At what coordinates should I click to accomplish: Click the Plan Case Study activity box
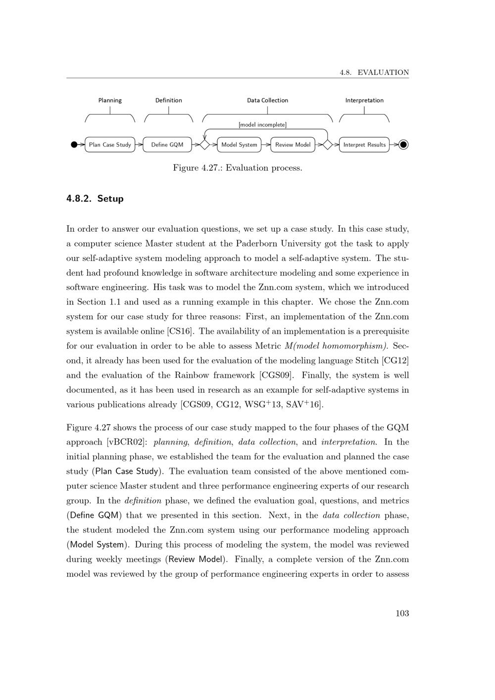pyautogui.click(x=110, y=145)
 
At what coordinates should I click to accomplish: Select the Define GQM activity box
pyautogui.click(x=167, y=145)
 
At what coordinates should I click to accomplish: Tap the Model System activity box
pyautogui.click(x=239, y=145)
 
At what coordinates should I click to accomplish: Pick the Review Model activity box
pyautogui.click(x=293, y=145)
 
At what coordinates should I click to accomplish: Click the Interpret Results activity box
pyautogui.click(x=364, y=145)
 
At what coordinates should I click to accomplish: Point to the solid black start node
pyautogui.click(x=74, y=145)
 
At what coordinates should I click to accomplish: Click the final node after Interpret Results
pyautogui.click(x=403, y=145)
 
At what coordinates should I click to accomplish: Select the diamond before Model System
pyautogui.click(x=204, y=145)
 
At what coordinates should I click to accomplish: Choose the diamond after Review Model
pyautogui.click(x=327, y=145)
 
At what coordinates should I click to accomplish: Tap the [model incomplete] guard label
pyautogui.click(x=262, y=125)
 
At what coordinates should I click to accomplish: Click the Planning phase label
pyautogui.click(x=110, y=100)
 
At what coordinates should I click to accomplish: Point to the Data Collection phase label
pyautogui.click(x=267, y=100)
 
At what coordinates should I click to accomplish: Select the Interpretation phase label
pyautogui.click(x=364, y=100)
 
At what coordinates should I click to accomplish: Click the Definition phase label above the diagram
pyautogui.click(x=168, y=100)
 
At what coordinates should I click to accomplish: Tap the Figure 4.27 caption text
pyautogui.click(x=238, y=168)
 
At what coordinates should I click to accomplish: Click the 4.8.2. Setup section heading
pyautogui.click(x=95, y=199)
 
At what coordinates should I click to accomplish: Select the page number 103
pyautogui.click(x=402, y=613)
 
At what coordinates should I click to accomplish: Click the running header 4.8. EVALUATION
pyautogui.click(x=374, y=72)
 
